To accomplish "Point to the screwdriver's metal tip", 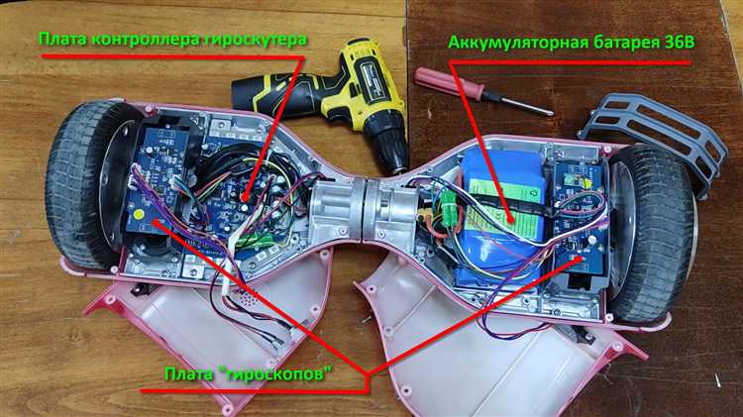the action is point(549,112).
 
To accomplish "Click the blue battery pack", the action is point(502,218).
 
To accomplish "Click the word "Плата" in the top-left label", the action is point(62,40).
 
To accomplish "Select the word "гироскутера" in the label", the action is point(256,40).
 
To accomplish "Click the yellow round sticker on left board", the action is point(139,214).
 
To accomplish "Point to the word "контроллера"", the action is point(146,40).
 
